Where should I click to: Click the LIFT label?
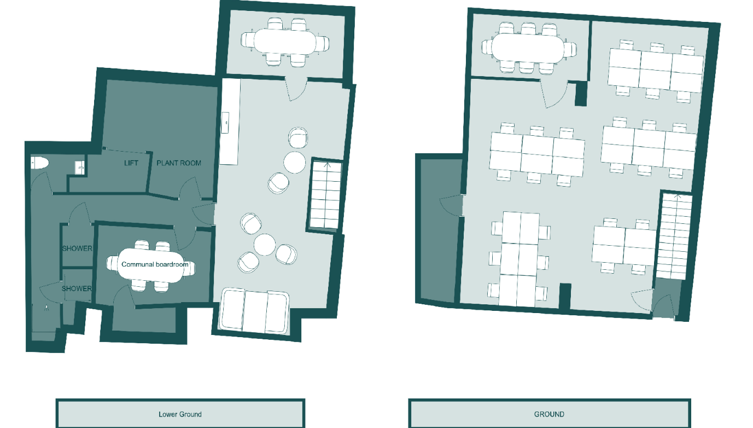131,163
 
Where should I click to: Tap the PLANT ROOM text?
179,163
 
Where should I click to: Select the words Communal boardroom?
155,264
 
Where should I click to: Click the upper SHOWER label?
77,248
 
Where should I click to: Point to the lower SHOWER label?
77,288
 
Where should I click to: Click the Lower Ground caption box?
180,414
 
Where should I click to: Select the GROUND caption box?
550,414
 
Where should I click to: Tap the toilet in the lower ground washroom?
40,163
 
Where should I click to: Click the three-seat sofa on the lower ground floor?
254,311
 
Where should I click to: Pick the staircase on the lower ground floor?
325,195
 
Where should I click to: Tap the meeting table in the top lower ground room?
285,42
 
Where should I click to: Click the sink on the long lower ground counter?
225,123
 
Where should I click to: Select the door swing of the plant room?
190,188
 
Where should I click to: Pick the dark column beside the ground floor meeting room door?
581,94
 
